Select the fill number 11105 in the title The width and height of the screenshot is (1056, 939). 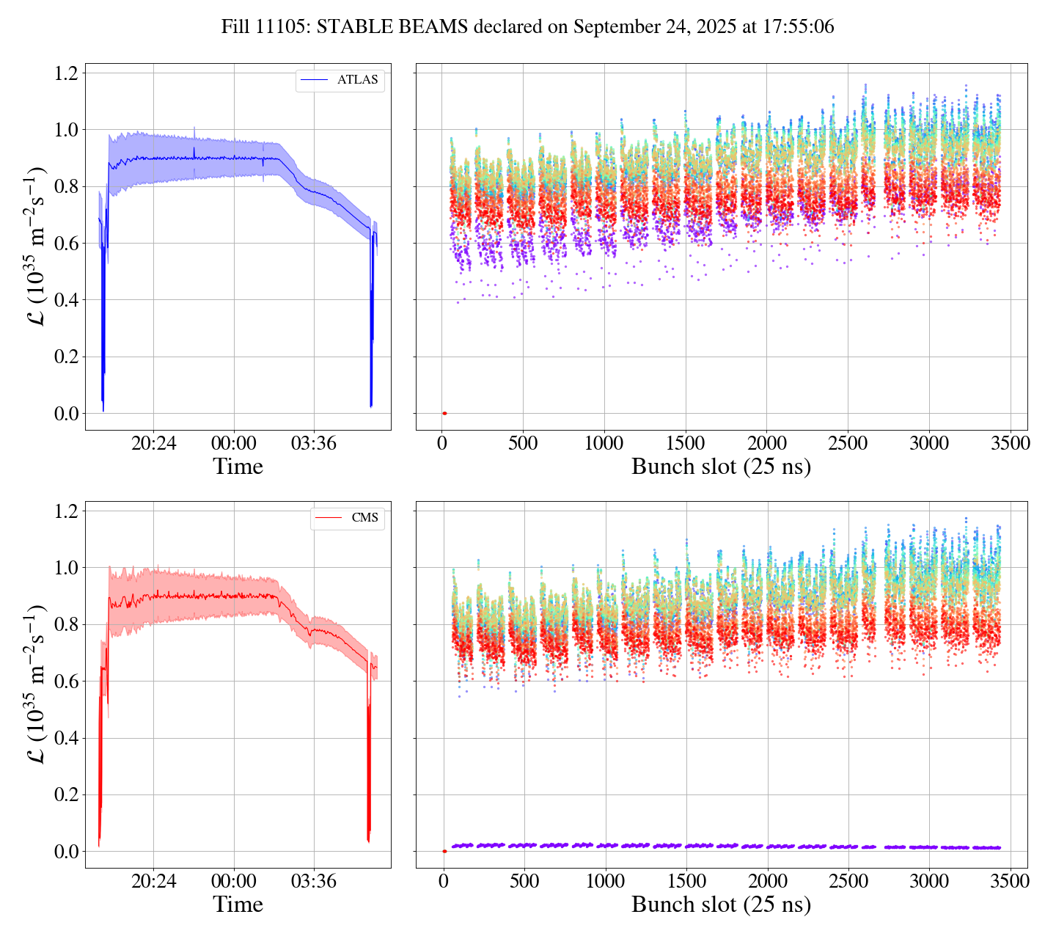(282, 27)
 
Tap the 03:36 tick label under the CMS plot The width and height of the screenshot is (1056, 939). (314, 881)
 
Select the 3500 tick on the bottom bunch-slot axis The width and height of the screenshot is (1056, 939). (1010, 881)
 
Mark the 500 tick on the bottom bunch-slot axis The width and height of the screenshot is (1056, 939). (524, 881)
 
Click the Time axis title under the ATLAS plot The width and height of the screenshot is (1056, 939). (238, 467)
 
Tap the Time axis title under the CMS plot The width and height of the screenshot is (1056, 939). (238, 905)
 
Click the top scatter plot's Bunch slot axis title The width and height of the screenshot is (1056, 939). (721, 467)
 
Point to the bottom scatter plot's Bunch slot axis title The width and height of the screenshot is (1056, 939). (721, 905)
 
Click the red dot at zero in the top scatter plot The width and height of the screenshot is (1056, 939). (444, 413)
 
